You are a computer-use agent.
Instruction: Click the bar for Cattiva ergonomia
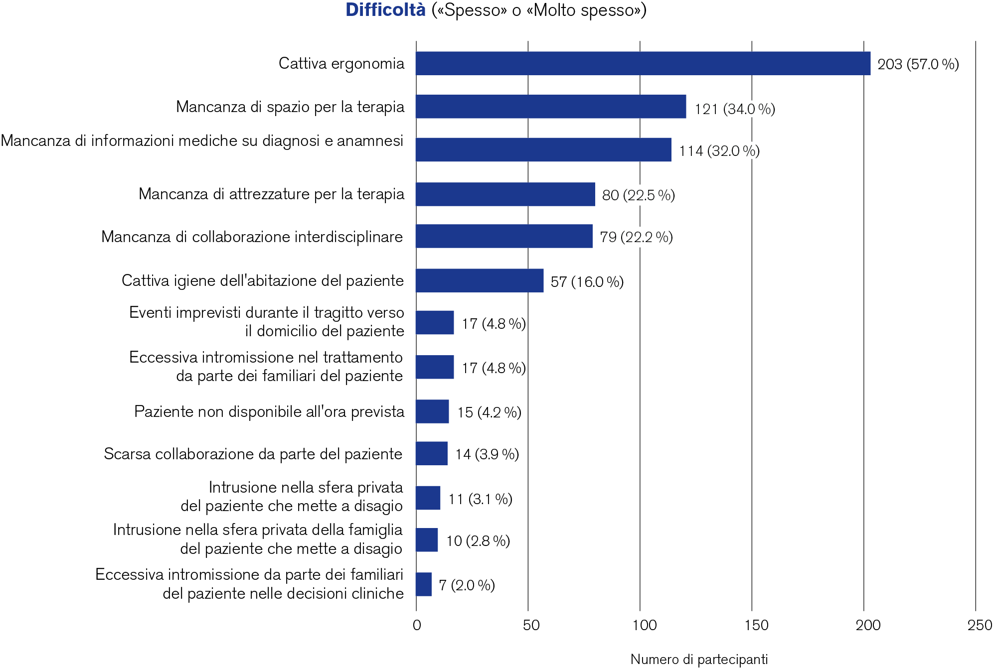[643, 64]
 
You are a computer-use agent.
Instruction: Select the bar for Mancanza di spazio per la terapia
[551, 107]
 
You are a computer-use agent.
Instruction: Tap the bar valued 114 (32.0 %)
[543, 149]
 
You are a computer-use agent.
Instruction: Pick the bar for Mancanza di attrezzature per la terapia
[505, 194]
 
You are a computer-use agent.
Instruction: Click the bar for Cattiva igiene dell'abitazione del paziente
[480, 280]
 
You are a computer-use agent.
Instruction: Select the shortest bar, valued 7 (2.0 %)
[424, 584]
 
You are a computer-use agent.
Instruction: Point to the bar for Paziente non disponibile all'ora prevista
[432, 411]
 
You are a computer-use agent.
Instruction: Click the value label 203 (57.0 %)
[918, 64]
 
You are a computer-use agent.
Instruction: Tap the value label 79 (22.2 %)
[636, 237]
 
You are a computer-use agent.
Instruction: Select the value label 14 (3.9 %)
[487, 454]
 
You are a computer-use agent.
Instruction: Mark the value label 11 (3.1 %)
[480, 499]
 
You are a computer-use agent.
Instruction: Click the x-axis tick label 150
[756, 625]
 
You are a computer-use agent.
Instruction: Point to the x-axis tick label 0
[417, 625]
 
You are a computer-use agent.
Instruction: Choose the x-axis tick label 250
[980, 625]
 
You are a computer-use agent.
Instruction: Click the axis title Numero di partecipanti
[699, 660]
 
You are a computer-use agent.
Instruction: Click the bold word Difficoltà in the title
[385, 10]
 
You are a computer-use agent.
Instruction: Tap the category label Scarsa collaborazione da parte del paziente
[253, 454]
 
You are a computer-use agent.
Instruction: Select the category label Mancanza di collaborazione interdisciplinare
[252, 237]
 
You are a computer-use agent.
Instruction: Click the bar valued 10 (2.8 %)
[427, 540]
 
